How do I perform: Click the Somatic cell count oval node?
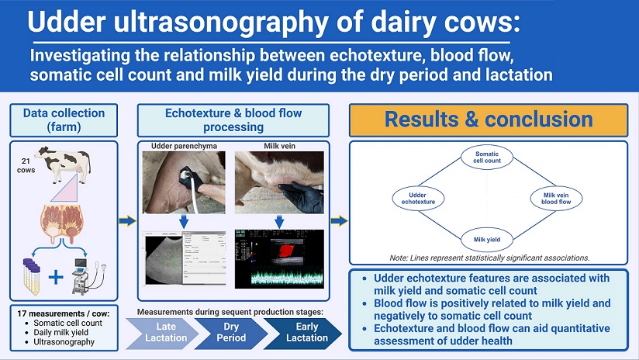[486, 157]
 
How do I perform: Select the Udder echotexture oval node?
[418, 199]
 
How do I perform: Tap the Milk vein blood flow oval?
[556, 199]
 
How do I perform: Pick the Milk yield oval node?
[486, 239]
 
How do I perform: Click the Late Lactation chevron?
[162, 332]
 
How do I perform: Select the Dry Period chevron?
[231, 332]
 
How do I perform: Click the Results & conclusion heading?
[489, 119]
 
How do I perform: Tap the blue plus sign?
[56, 277]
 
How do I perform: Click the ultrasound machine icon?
[88, 276]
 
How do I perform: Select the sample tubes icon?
[32, 276]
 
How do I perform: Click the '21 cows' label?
[26, 165]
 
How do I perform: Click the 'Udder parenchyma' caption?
[185, 146]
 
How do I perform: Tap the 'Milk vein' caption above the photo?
[279, 146]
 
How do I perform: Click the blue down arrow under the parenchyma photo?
[184, 222]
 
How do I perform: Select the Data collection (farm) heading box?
[64, 120]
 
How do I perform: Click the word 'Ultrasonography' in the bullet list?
[64, 341]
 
